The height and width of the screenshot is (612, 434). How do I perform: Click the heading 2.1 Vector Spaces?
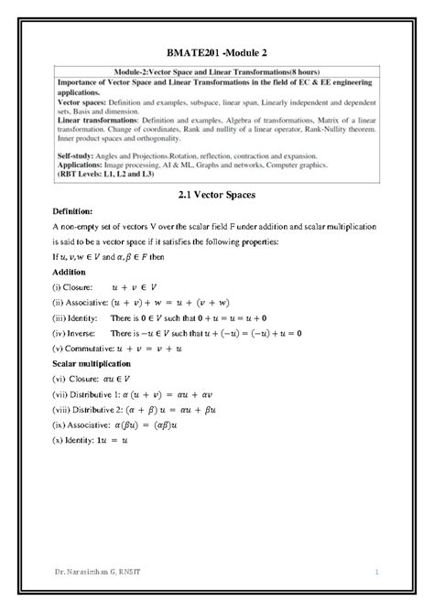[x=216, y=195]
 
